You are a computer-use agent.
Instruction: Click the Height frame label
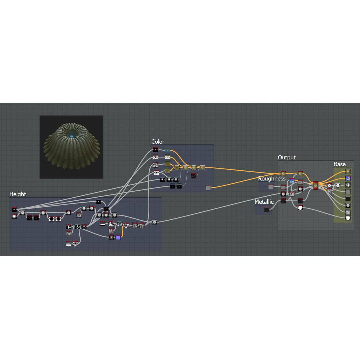(x=18, y=194)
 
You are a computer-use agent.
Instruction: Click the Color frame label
(x=158, y=142)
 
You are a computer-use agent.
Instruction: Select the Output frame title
(x=287, y=157)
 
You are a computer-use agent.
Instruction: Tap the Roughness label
(x=272, y=179)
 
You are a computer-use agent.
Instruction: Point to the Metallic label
(x=264, y=202)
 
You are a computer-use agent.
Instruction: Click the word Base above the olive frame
(x=340, y=164)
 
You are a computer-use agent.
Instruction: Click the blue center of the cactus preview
(x=71, y=136)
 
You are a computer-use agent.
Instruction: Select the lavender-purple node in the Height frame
(x=118, y=237)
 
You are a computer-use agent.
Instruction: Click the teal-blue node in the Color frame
(x=167, y=150)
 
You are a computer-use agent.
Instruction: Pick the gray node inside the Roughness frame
(x=271, y=187)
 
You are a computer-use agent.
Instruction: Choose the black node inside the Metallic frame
(x=267, y=209)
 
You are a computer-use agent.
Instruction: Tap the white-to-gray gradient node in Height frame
(x=68, y=243)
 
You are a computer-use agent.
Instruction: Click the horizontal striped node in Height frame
(x=103, y=223)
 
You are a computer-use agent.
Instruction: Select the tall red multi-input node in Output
(x=315, y=186)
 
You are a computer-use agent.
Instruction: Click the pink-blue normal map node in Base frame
(x=348, y=178)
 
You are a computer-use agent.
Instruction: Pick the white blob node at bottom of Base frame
(x=348, y=218)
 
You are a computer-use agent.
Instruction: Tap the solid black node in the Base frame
(x=348, y=199)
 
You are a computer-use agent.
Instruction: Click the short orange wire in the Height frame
(x=122, y=232)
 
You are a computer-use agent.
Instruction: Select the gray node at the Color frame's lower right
(x=208, y=188)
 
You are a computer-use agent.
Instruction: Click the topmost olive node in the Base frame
(x=348, y=171)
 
